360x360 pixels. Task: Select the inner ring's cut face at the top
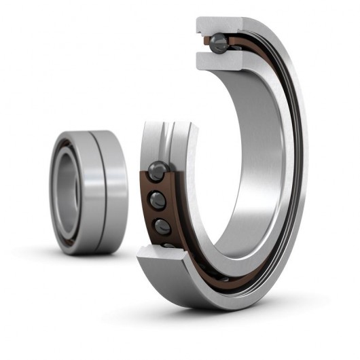click(x=216, y=60)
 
